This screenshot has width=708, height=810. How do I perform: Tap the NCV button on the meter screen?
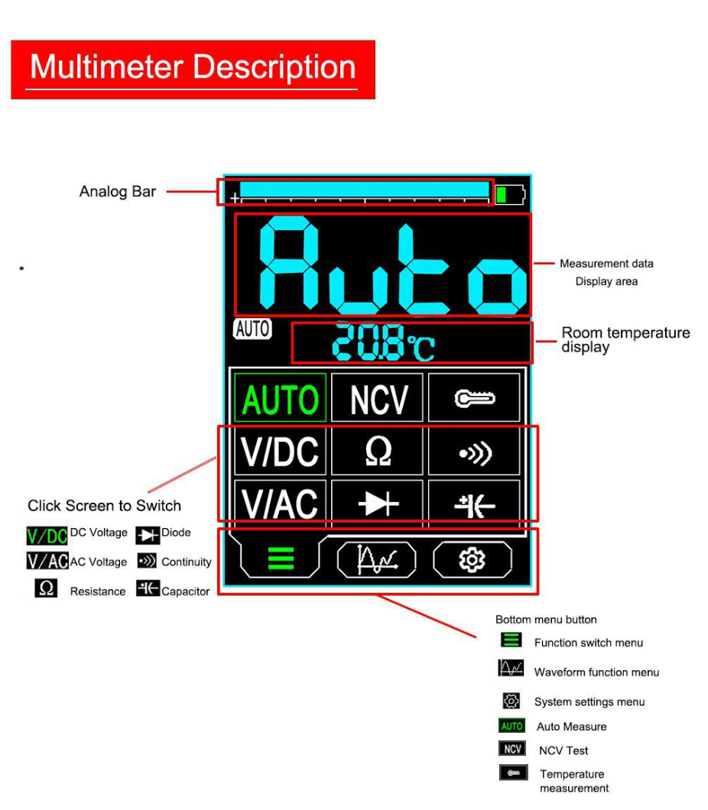377,398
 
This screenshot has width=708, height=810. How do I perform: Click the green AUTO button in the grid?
280,398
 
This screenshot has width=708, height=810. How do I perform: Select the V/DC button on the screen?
280,452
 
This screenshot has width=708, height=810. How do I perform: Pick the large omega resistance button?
377,452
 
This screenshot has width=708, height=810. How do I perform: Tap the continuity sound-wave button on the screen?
474,452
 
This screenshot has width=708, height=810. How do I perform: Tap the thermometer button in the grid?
474,398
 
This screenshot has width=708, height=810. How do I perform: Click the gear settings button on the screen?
473,559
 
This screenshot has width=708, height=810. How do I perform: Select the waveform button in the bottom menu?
376,559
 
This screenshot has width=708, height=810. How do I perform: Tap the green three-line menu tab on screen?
281,559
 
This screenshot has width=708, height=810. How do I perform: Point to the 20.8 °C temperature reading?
383,342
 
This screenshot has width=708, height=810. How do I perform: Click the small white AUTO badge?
253,329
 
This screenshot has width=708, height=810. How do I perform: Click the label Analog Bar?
117,192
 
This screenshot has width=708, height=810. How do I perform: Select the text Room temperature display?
625,339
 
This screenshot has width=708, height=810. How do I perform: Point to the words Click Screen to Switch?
105,505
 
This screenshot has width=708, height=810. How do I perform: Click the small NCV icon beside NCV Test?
512,749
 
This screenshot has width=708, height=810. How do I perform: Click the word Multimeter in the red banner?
107,67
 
